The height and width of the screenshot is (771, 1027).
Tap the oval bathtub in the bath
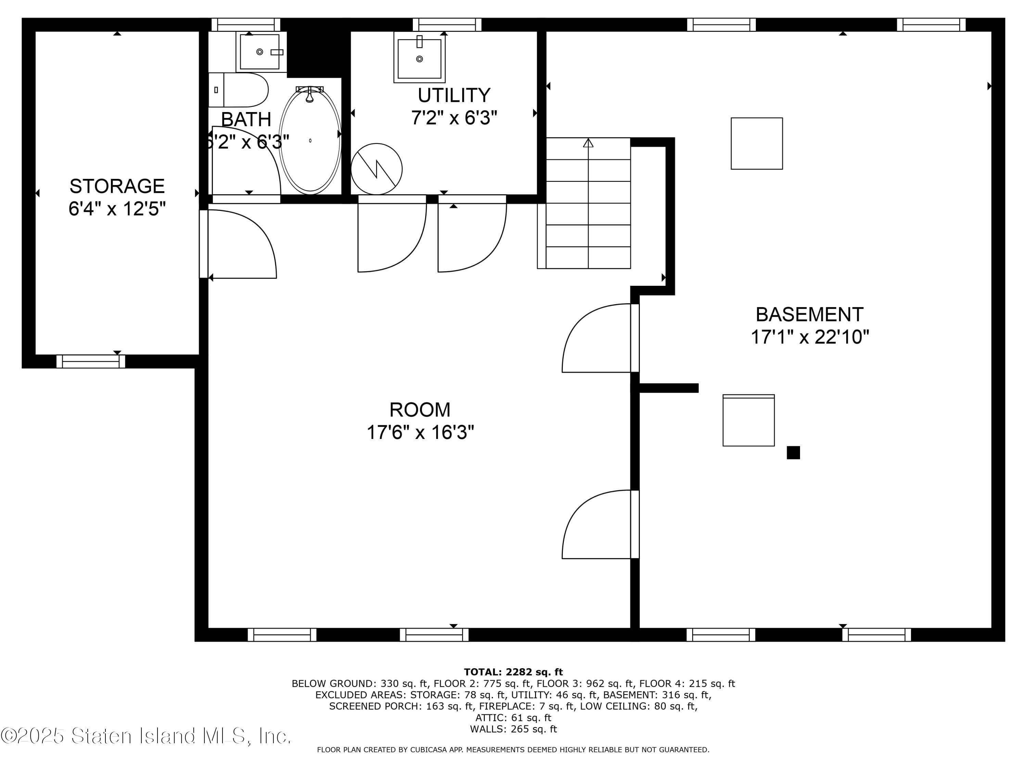310,140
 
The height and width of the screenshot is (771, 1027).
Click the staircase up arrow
588,143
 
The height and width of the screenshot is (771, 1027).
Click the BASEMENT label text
809,315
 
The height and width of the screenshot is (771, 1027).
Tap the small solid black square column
793,453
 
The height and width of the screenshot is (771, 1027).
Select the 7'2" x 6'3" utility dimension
454,118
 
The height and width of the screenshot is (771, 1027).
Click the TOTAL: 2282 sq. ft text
513,672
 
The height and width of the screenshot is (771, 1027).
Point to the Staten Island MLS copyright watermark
146,736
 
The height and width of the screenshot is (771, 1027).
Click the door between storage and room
239,244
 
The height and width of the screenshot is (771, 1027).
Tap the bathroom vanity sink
260,52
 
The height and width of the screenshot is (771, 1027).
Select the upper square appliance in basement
757,144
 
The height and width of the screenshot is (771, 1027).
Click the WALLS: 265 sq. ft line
513,729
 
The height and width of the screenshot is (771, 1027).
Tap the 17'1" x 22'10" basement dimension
810,337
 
